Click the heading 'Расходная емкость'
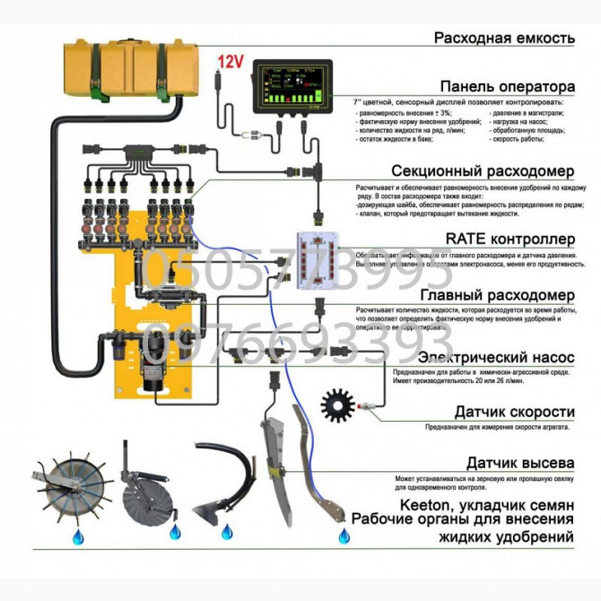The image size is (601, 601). [502, 39]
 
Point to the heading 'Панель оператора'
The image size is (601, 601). [507, 88]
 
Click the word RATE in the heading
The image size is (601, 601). [467, 239]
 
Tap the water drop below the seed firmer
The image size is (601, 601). [344, 537]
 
